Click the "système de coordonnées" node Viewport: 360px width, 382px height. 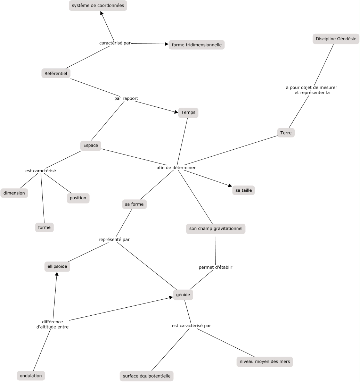click(98, 6)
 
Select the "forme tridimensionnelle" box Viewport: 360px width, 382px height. click(197, 45)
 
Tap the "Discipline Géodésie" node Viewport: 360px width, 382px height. click(336, 39)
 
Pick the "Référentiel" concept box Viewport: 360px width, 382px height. click(56, 73)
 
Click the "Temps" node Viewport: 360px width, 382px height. click(188, 113)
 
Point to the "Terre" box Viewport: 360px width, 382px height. click(286, 133)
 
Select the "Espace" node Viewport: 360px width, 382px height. click(91, 146)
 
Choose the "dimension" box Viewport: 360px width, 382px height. click(14, 193)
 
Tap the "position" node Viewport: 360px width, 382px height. click(78, 198)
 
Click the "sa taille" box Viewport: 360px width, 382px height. click(244, 190)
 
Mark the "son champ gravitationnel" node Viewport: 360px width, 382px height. click(216, 229)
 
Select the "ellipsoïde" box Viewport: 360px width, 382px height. click(57, 266)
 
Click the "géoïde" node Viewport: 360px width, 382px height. click(183, 295)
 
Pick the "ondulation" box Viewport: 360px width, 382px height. click(31, 376)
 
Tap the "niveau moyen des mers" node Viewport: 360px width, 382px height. click(264, 362)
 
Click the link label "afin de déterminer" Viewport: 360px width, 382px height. click(176, 167)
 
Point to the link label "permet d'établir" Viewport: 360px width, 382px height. click(215, 267)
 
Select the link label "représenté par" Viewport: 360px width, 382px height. click(114, 240)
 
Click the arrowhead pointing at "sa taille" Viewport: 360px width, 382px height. click(229, 185)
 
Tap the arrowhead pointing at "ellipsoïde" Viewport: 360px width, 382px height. click(57, 274)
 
